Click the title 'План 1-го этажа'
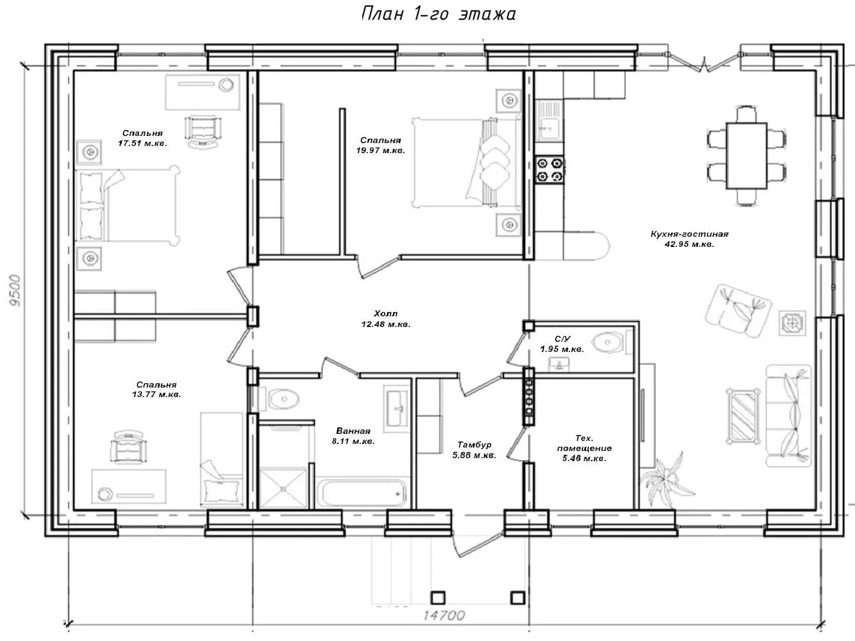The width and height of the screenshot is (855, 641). [x=439, y=14]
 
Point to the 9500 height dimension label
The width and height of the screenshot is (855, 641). [x=15, y=290]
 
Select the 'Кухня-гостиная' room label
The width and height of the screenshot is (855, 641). [x=689, y=234]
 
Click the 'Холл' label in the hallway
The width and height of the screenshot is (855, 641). [x=385, y=313]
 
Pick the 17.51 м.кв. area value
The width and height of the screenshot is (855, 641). [x=142, y=143]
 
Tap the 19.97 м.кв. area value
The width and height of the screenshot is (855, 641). [x=381, y=150]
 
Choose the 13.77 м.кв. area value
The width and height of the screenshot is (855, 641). [x=157, y=394]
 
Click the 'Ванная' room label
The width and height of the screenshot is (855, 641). [x=353, y=431]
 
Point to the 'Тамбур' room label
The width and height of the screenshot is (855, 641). [x=474, y=445]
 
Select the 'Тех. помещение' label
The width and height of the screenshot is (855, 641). [x=584, y=443]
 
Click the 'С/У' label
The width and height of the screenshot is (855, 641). [x=562, y=339]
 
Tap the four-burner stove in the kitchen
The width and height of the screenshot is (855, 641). [x=550, y=169]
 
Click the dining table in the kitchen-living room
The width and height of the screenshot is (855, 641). [x=746, y=156]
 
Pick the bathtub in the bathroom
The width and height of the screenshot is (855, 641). [x=362, y=493]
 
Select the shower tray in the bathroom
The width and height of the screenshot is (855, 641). [x=283, y=489]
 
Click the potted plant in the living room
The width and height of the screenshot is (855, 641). [x=667, y=481]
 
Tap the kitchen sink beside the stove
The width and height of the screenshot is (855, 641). [x=549, y=120]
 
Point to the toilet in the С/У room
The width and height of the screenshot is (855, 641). [x=612, y=342]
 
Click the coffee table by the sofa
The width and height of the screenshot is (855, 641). [x=743, y=416]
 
